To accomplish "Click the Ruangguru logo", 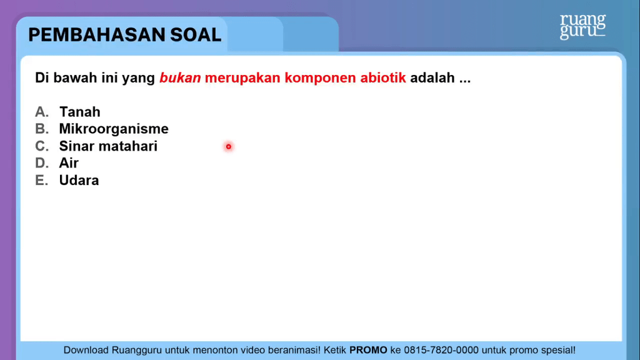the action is pos(583,26).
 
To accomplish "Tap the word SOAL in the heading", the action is pos(196,35).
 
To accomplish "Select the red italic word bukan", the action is pos(180,77).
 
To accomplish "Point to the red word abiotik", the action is pos(383,77).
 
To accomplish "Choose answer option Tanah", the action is pos(79,112).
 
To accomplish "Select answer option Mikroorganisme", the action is pos(114,129).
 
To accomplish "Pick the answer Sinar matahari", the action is pos(108,146).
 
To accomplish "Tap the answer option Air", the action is pos(69,163).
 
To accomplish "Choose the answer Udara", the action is pos(79,180).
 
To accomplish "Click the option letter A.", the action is pos(42,112).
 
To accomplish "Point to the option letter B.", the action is pos(42,129).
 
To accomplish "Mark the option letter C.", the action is pos(42,146).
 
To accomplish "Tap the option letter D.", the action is pos(42,163).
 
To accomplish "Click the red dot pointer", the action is pos(229,146).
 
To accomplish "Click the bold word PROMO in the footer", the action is pos(368,350).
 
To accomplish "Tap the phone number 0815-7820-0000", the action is pos(441,350).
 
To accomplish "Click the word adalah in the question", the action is pos(432,77).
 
